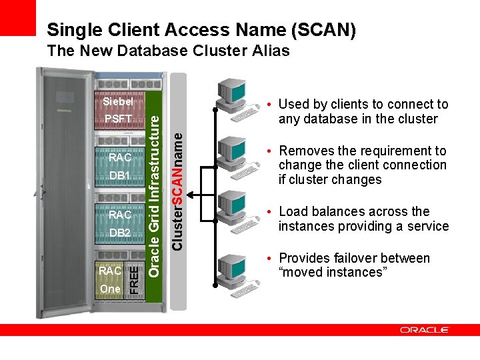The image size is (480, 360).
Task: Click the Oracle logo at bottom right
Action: [425, 329]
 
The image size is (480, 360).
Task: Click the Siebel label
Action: [118, 102]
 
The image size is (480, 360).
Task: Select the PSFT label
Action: [118, 119]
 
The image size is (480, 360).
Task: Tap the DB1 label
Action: [119, 175]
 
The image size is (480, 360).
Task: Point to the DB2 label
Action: [119, 233]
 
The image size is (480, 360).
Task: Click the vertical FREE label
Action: [134, 279]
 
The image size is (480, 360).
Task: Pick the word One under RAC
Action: [110, 289]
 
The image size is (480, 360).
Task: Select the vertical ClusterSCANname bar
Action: [178, 191]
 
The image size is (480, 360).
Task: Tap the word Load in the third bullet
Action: [294, 211]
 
